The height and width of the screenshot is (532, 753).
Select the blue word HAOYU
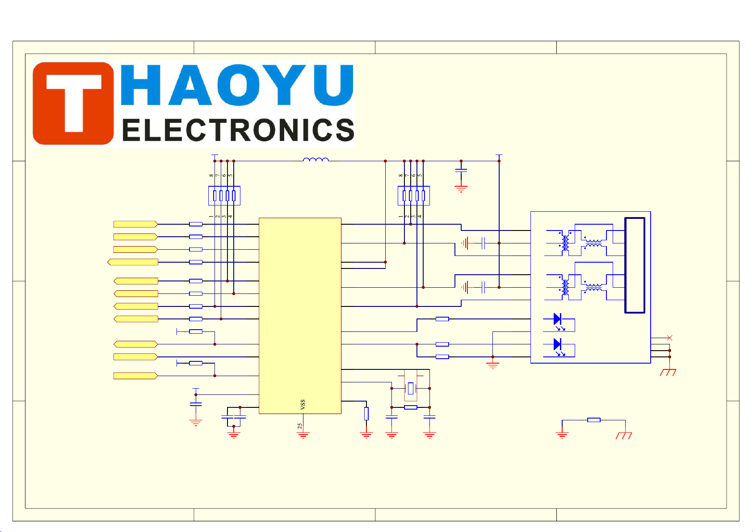point(237,85)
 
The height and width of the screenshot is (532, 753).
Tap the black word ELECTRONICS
point(238,130)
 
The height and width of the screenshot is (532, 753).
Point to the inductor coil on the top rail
point(316,159)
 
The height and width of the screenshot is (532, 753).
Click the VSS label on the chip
point(303,404)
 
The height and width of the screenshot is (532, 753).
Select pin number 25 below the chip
point(299,426)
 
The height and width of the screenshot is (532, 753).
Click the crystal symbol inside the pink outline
point(410,389)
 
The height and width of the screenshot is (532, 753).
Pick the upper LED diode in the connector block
point(557,319)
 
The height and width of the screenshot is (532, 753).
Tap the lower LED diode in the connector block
point(557,344)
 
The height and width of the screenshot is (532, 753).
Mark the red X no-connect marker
point(669,338)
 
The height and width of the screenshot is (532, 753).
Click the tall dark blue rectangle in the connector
point(635,265)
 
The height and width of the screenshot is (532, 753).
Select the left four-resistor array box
point(224,196)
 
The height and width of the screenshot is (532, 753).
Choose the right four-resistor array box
point(413,196)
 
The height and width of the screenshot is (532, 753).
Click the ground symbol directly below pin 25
point(303,435)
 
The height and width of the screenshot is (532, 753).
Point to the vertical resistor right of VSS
point(366,414)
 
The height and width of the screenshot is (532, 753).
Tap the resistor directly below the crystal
point(410,407)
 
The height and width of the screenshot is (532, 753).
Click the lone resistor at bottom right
point(593,420)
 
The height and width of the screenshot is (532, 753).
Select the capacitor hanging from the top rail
point(461,171)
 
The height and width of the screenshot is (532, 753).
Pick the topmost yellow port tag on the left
point(135,224)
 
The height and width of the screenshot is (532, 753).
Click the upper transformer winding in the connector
point(564,241)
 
